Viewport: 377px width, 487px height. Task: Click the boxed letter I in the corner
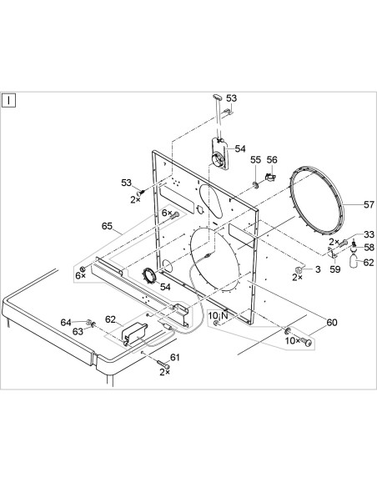8,101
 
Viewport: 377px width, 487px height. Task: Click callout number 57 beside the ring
369,204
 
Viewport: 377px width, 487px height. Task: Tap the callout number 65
107,226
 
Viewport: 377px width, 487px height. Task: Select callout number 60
332,323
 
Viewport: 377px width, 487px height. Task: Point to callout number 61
175,358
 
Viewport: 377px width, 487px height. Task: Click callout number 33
369,234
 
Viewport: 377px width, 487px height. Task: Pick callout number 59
335,269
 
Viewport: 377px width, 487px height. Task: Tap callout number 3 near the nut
318,269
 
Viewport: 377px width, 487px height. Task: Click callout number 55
255,160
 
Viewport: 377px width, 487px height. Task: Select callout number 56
272,160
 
